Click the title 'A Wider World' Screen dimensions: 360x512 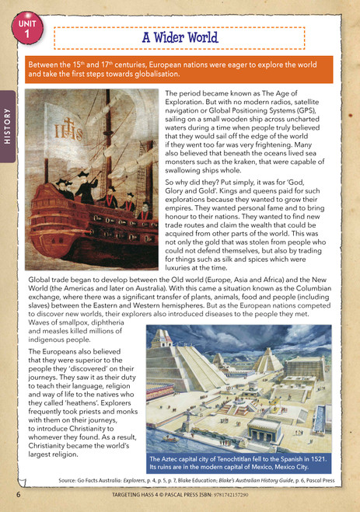point(180,37)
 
